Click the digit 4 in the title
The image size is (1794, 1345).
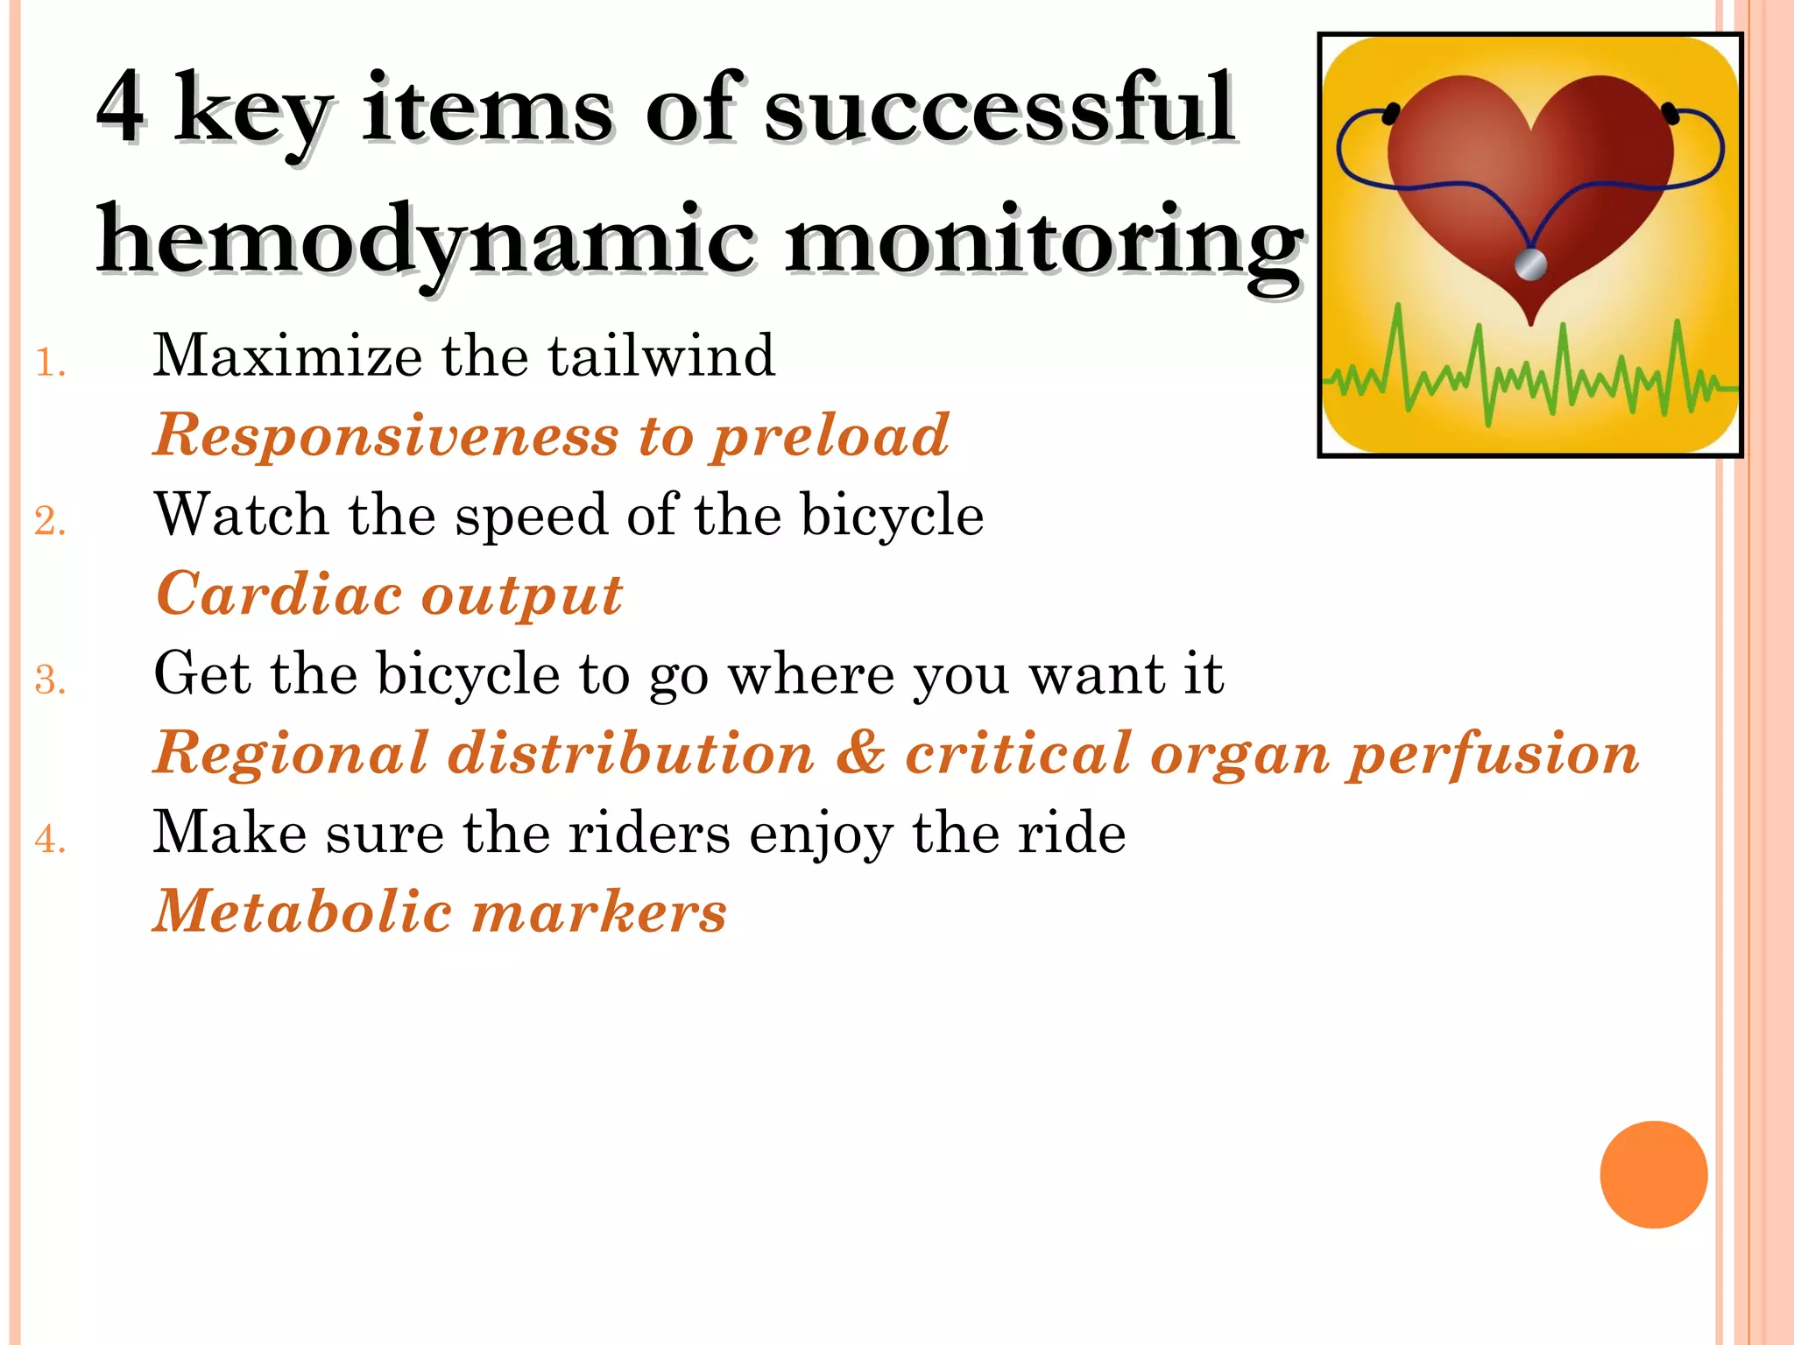point(121,107)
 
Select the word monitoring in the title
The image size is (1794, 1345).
point(1042,241)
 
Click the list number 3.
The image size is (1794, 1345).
point(50,680)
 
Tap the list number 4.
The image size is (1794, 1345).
point(50,839)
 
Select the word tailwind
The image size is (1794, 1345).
point(661,356)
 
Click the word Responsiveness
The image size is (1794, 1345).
point(385,435)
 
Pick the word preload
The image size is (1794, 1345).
point(830,435)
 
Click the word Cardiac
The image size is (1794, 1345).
point(279,595)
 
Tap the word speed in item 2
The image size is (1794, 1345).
point(531,515)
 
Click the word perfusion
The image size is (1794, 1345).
point(1493,753)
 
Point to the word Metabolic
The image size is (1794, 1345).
point(302,912)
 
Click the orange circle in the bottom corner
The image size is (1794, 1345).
point(1653,1174)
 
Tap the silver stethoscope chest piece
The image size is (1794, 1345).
point(1530,264)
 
